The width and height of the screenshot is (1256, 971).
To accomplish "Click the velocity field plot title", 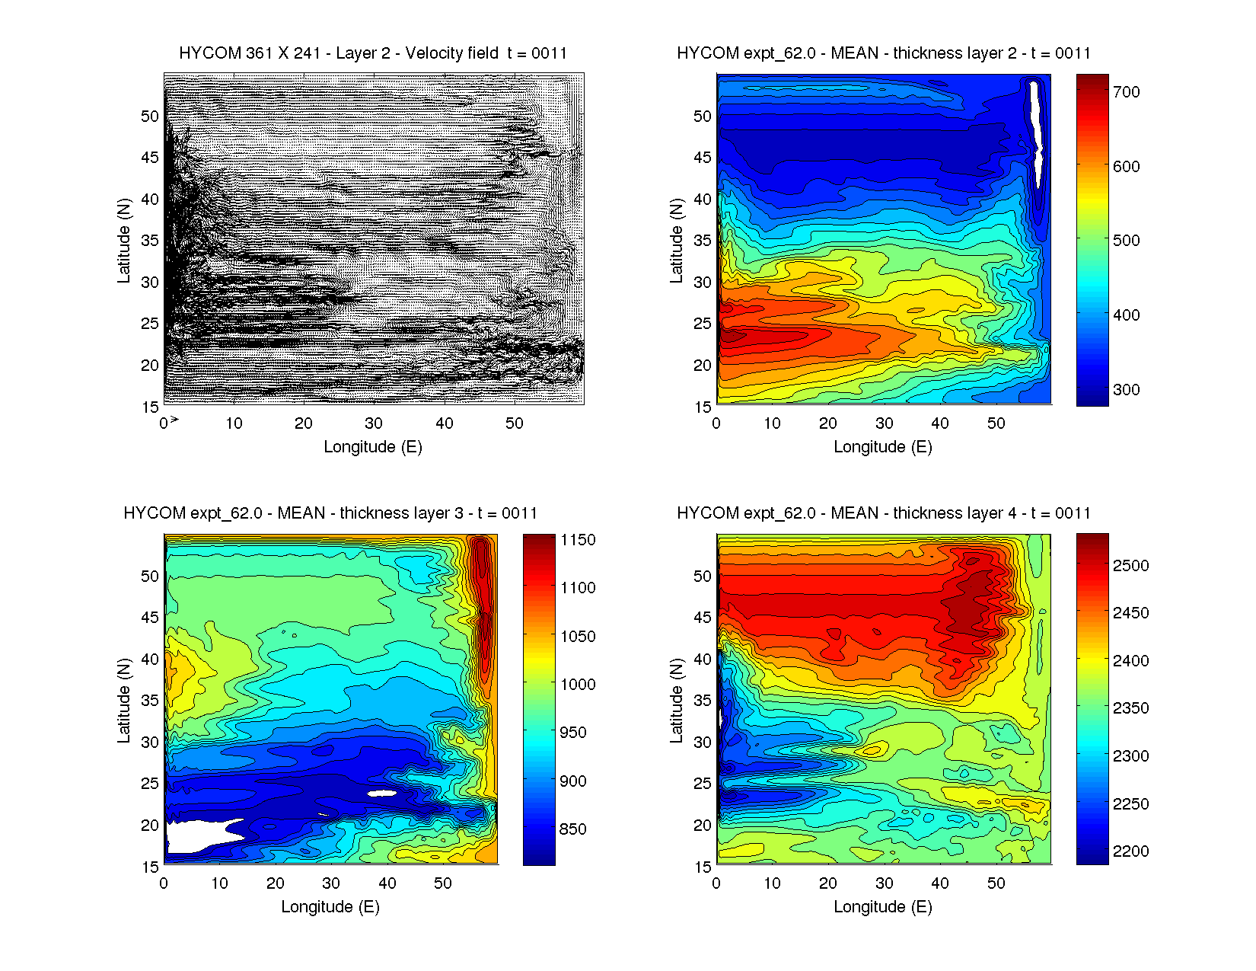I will [x=373, y=53].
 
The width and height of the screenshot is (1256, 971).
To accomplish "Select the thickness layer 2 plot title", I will [x=883, y=53].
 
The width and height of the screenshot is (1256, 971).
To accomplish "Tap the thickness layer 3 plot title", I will [x=330, y=513].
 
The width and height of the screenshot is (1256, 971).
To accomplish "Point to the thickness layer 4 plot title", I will [x=883, y=513].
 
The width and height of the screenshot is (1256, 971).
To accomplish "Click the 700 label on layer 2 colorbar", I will [x=1126, y=92].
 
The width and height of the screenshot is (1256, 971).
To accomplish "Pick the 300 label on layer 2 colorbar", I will [x=1126, y=390].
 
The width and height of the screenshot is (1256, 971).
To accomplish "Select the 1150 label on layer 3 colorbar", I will [x=578, y=540].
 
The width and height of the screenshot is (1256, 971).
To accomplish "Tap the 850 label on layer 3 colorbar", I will [x=572, y=829].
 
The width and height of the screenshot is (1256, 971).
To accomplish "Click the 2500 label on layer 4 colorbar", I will [x=1130, y=566].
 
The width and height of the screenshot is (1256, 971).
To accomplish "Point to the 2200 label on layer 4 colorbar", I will [x=1130, y=851].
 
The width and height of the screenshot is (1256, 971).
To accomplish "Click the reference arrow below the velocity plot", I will [x=174, y=420].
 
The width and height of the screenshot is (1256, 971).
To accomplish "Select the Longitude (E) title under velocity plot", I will [x=373, y=447].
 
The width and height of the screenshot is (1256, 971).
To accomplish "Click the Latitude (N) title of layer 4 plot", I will [x=676, y=701].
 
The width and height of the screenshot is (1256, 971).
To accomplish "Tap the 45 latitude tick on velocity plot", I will [x=150, y=158].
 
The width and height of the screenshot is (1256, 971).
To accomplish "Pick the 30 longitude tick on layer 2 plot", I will [x=884, y=423].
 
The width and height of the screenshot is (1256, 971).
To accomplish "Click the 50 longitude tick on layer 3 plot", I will [x=443, y=883].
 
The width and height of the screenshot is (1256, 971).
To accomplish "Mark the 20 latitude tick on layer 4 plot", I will [x=702, y=826].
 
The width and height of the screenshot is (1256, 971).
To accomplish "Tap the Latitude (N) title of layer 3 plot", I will [x=123, y=701].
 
